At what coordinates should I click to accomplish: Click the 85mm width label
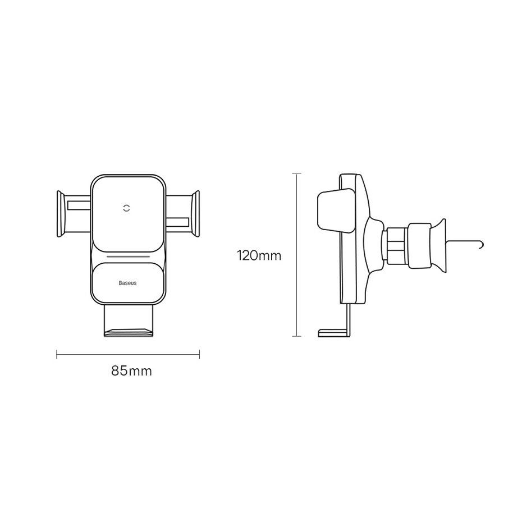(131, 371)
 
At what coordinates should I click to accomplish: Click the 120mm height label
(258, 256)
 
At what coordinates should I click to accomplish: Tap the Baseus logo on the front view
(127, 283)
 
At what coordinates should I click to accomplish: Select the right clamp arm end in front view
(195, 214)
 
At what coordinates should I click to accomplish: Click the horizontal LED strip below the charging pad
(127, 258)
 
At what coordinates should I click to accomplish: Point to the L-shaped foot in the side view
(334, 332)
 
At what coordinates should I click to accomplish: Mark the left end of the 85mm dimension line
(57, 354)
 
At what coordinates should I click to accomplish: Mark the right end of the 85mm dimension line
(200, 354)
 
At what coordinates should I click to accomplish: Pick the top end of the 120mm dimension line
(297, 175)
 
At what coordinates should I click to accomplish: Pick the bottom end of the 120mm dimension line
(297, 336)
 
